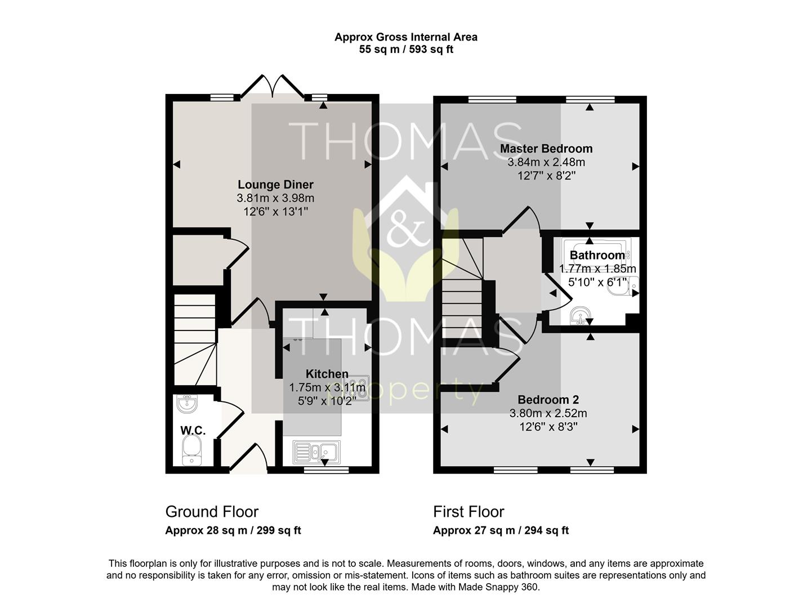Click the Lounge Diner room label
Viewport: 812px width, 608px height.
point(275,184)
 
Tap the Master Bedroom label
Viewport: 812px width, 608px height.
point(546,148)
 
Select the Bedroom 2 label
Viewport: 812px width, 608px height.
point(548,399)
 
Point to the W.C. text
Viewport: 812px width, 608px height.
point(193,430)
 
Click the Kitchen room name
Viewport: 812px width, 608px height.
point(327,374)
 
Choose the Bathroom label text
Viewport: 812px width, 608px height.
point(597,255)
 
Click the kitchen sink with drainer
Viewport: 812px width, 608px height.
point(316,452)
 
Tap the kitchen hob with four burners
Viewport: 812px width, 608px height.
point(357,388)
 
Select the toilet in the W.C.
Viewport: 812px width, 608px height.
point(192,450)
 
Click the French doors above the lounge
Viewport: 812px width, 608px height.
point(273,87)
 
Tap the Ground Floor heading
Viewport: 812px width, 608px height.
point(212,512)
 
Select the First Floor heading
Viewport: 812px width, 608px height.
point(469,512)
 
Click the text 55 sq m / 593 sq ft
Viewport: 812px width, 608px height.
point(406,49)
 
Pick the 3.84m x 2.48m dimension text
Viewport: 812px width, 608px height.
point(546,162)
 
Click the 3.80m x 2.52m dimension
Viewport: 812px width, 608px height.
point(548,413)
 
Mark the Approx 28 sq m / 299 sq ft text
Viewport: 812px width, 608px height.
point(233,530)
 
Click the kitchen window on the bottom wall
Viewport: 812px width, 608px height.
point(326,470)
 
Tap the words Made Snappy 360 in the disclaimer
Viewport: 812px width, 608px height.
point(499,587)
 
